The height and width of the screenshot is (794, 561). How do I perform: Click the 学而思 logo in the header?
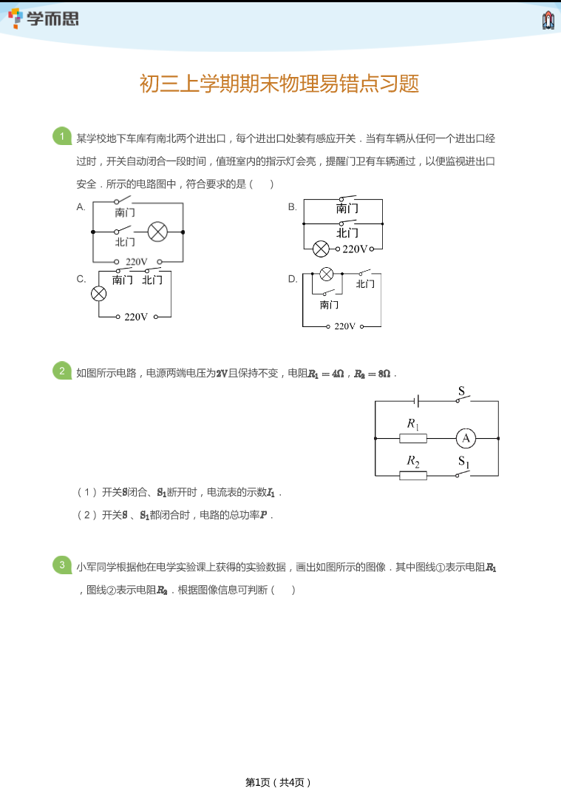coord(44,18)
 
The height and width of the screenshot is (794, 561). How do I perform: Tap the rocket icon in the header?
coord(548,20)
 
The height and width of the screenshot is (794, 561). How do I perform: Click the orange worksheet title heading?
coord(279,84)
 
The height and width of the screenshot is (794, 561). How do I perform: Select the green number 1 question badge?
coord(62,136)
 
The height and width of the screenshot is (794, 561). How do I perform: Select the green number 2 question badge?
coord(62,371)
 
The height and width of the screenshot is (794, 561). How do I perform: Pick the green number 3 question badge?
coord(62,565)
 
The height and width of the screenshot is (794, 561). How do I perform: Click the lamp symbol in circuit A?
coord(158,232)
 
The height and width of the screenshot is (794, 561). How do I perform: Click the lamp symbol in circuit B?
coord(321,249)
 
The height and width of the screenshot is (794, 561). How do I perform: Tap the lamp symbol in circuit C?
coord(98,294)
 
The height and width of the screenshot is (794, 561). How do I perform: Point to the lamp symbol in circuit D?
coord(327,274)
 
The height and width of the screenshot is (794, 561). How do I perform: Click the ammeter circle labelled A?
coord(466,438)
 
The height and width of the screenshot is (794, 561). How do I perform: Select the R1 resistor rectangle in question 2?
coord(412,439)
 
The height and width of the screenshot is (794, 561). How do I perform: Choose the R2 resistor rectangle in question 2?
coord(412,476)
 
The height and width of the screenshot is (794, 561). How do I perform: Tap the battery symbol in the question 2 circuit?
coord(416,402)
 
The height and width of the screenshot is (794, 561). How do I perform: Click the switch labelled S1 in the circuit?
coord(463,473)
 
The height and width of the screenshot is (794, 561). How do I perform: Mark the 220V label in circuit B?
coord(355,249)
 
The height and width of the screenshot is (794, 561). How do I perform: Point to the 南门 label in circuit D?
coord(329,305)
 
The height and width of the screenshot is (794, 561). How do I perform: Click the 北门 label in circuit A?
coord(125,242)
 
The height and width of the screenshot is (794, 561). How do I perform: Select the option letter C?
coord(81,279)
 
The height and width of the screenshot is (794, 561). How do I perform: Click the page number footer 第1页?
coord(258,782)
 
